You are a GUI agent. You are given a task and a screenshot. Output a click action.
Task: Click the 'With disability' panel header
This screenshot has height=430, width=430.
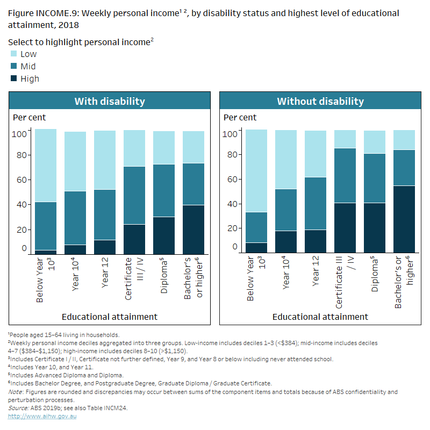click(x=109, y=101)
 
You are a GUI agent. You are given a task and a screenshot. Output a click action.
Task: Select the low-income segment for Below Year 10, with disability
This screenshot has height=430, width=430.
click(x=46, y=165)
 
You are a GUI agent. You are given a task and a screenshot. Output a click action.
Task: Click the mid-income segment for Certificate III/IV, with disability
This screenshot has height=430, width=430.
click(x=134, y=195)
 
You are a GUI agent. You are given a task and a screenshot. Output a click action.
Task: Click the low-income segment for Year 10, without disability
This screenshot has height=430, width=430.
click(x=286, y=159)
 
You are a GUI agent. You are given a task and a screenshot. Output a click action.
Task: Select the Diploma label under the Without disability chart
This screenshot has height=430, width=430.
click(x=374, y=277)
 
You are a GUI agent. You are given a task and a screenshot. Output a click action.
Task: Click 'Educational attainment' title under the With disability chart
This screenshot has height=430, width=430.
click(x=109, y=317)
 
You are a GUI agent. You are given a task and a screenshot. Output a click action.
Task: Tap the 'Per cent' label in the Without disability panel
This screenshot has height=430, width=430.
click(x=240, y=117)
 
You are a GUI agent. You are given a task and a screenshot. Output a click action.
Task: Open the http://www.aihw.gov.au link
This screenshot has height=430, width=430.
click(x=42, y=417)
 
